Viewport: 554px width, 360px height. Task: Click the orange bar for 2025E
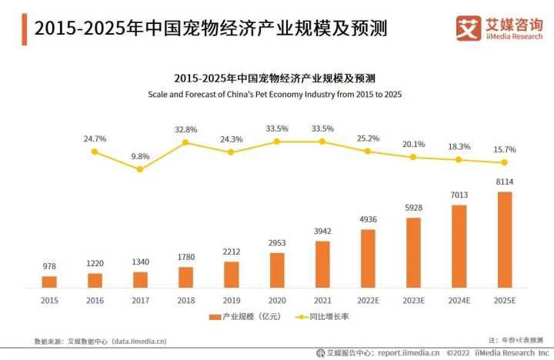click(x=505, y=238)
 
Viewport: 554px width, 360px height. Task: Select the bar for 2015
click(x=49, y=281)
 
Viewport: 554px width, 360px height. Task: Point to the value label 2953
click(x=277, y=244)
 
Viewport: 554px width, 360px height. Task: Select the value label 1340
click(x=140, y=263)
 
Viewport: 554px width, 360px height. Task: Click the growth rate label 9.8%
click(x=140, y=156)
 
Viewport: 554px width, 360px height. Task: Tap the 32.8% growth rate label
click(x=185, y=129)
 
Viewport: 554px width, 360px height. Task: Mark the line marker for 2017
click(x=140, y=169)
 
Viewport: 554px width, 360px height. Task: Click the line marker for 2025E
click(x=505, y=162)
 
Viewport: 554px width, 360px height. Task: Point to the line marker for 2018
click(x=185, y=142)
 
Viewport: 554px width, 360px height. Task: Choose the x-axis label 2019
click(x=231, y=301)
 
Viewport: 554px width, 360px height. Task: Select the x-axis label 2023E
click(x=413, y=301)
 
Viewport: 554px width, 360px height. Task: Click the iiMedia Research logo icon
click(x=467, y=28)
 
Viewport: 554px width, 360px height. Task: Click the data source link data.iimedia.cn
click(x=138, y=340)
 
